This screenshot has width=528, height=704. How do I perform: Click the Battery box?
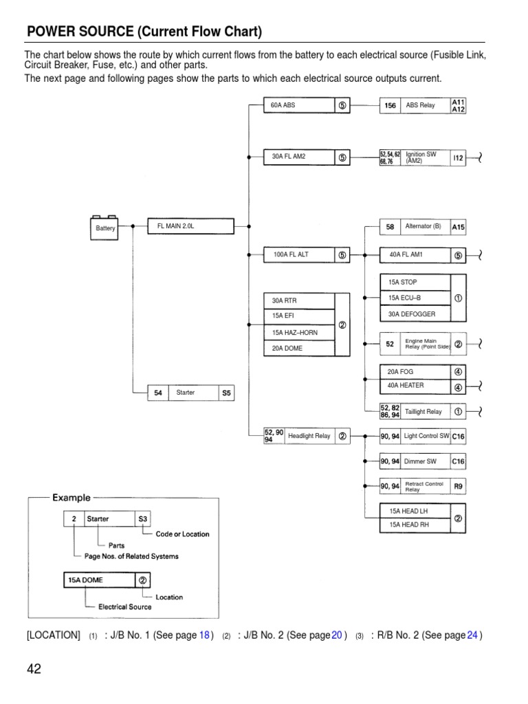[x=106, y=228]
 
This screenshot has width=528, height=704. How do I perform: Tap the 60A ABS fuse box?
[x=299, y=105]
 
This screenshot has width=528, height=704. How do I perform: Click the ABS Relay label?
[x=420, y=105]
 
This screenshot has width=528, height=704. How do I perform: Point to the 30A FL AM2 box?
[x=299, y=157]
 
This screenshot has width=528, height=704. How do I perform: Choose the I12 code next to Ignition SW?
[x=458, y=158]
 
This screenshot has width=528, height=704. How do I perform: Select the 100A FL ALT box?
[x=299, y=254]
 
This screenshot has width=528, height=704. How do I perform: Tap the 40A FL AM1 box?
[x=415, y=255]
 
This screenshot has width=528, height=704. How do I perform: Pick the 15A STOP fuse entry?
[x=415, y=282]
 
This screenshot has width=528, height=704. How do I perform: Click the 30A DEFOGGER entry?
[x=415, y=314]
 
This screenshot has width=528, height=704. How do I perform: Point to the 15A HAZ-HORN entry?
[x=299, y=333]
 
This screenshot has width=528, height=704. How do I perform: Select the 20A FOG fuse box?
[x=415, y=371]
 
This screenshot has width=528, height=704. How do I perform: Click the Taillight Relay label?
[x=423, y=411]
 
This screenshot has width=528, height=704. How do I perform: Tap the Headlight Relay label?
[x=309, y=436]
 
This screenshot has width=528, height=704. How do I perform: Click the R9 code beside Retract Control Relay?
[x=458, y=486]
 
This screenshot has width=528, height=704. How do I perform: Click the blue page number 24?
[x=472, y=635]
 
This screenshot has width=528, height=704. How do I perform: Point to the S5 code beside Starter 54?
[x=226, y=393]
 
